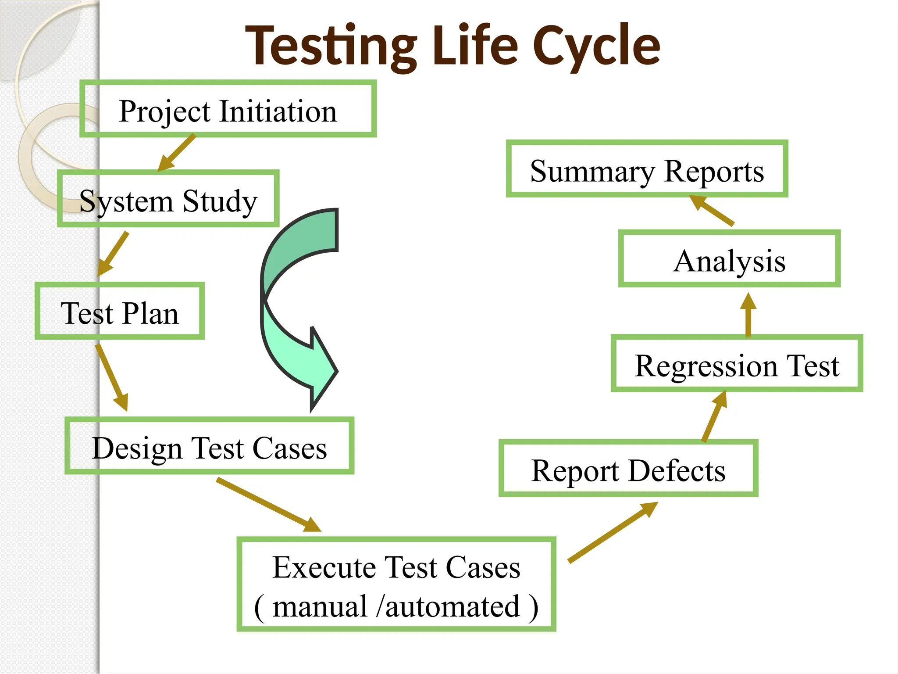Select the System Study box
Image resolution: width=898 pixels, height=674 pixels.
click(168, 199)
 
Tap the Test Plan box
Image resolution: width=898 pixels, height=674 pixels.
click(120, 311)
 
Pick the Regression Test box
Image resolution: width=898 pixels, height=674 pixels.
click(737, 364)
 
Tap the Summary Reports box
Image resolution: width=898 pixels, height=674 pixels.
click(647, 169)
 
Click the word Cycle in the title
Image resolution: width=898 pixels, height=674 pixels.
click(596, 46)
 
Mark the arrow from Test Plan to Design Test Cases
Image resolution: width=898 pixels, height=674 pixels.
click(111, 377)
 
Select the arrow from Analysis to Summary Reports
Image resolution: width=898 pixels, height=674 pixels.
click(711, 211)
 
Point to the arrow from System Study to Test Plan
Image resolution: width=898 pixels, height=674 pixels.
click(113, 254)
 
